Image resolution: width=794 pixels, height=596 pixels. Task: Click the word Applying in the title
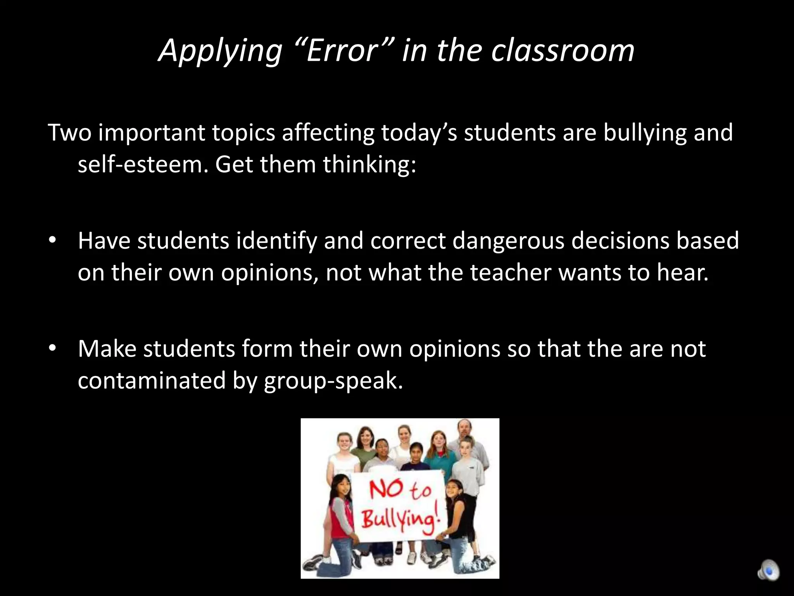coord(220,51)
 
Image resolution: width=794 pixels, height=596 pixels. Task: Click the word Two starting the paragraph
coord(69,132)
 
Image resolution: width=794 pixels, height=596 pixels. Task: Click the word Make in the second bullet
coord(107,348)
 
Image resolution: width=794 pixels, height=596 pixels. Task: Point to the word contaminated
coord(152,380)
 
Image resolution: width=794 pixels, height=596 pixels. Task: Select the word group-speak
coord(333,381)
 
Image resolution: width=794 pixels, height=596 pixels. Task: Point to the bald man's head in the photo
coord(464,428)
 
